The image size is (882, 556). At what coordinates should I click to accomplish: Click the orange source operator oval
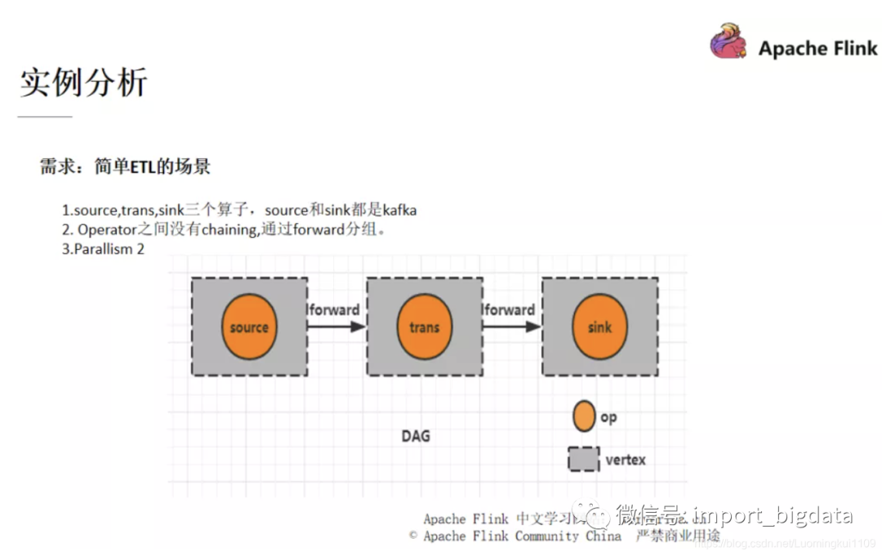[249, 327]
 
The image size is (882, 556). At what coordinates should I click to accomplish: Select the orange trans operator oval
[424, 327]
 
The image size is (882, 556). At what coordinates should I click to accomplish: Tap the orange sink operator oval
[599, 327]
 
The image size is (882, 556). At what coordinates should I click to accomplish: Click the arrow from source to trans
[336, 327]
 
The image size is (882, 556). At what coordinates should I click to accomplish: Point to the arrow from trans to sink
[511, 327]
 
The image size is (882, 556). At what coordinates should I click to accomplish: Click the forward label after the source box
[334, 310]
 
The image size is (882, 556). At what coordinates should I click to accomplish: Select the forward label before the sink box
[509, 310]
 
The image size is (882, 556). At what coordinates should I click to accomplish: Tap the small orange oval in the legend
[584, 416]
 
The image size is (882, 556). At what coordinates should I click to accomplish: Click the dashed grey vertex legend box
[583, 459]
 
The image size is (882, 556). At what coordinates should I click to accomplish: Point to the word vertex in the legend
[626, 460]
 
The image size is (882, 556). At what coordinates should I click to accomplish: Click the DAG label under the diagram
[415, 436]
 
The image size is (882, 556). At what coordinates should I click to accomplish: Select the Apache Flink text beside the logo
[817, 48]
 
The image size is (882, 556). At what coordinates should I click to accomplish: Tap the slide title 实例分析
[83, 82]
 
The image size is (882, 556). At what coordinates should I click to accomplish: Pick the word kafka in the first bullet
[399, 210]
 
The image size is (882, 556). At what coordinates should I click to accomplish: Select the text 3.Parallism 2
[103, 249]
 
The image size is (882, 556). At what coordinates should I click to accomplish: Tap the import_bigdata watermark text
[772, 515]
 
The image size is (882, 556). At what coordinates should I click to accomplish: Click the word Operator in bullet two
[107, 229]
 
